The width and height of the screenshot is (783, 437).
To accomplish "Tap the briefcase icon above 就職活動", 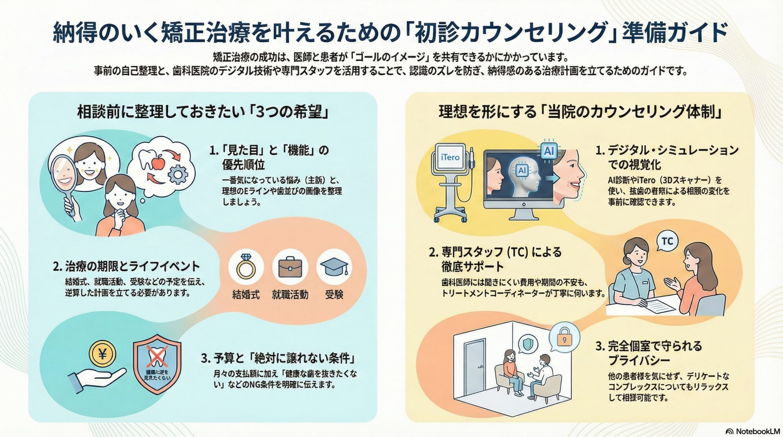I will (x=290, y=267).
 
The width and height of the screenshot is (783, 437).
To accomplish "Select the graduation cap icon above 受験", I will (x=334, y=266).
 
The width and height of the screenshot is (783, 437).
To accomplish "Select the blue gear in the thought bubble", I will (x=177, y=174).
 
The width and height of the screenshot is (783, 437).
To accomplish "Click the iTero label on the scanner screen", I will (x=450, y=157).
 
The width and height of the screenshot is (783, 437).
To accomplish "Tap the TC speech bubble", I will (x=667, y=241).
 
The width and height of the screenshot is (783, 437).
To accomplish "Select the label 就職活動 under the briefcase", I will (x=290, y=295).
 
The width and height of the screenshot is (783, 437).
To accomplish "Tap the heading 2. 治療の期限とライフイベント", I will (x=126, y=266).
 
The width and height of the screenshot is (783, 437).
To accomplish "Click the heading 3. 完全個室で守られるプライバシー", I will (x=648, y=353).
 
